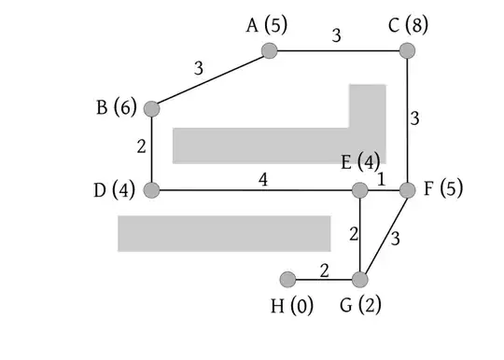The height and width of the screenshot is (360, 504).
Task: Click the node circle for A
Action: [270, 50]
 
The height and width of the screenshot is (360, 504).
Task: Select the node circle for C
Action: [408, 50]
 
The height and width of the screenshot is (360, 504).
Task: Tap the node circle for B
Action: [151, 108]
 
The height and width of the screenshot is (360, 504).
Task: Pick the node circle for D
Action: [151, 190]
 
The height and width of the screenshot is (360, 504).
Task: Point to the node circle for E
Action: [360, 190]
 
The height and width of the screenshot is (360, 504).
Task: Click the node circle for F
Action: [408, 190]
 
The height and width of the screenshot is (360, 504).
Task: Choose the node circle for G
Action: [360, 279]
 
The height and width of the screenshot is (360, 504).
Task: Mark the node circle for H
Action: [287, 279]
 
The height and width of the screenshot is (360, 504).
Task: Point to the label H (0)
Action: [292, 305]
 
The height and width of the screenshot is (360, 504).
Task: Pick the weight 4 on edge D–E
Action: [264, 178]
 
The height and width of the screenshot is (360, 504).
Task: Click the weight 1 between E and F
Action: [382, 178]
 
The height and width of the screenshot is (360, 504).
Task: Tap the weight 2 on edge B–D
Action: [140, 146]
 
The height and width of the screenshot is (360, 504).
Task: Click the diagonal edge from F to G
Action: [385, 234]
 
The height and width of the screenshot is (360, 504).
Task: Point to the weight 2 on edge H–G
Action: [325, 270]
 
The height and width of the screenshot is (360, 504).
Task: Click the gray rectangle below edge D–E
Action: [224, 233]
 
